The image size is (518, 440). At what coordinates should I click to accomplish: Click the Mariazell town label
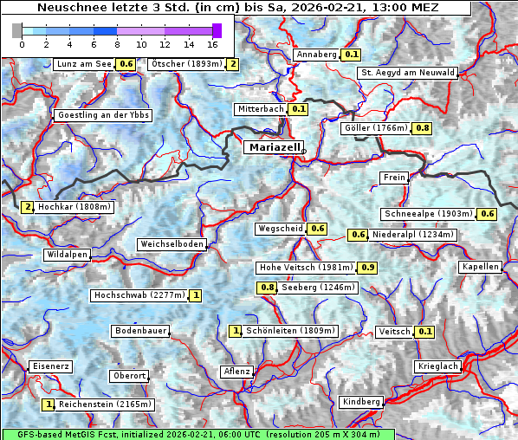tap(274, 147)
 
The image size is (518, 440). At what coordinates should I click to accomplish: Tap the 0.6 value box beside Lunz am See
tap(126, 64)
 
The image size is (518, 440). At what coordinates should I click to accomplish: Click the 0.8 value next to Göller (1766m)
tap(422, 128)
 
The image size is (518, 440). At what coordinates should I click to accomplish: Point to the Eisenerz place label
tap(50, 366)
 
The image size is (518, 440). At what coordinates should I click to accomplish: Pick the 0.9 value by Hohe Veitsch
tap(368, 268)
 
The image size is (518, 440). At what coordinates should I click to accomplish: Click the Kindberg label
tap(361, 402)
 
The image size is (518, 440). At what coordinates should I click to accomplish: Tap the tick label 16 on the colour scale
tap(212, 44)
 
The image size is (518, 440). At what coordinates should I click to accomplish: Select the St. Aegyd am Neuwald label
tap(407, 73)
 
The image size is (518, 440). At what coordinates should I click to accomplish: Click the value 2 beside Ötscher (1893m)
tap(232, 64)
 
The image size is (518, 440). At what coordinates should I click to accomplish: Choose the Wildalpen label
tap(67, 255)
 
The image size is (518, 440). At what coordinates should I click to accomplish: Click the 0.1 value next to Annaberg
tap(350, 55)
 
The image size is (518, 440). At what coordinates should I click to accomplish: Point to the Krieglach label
tap(437, 367)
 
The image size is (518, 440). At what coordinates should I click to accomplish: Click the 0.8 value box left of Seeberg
tap(268, 288)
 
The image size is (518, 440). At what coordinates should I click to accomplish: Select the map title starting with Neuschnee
tap(236, 8)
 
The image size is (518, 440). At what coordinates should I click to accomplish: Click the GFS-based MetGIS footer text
tap(197, 434)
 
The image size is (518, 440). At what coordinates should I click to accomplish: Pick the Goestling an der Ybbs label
tap(103, 115)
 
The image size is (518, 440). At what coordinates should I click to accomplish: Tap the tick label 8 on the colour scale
tap(117, 44)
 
